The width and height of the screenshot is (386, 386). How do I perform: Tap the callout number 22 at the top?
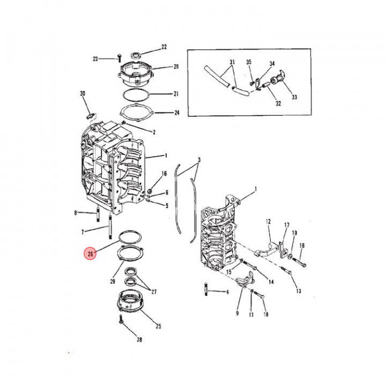[164, 47]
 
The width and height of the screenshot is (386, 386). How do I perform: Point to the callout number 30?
[83, 94]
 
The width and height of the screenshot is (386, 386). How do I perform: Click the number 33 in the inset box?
[294, 97]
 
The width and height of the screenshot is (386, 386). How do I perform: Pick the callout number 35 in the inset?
[249, 63]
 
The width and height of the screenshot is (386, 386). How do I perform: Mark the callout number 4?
[227, 292]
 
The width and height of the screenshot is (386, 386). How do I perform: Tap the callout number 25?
[158, 326]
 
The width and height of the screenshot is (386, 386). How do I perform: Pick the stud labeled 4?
[206, 291]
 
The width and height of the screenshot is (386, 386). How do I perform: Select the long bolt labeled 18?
[295, 262]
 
